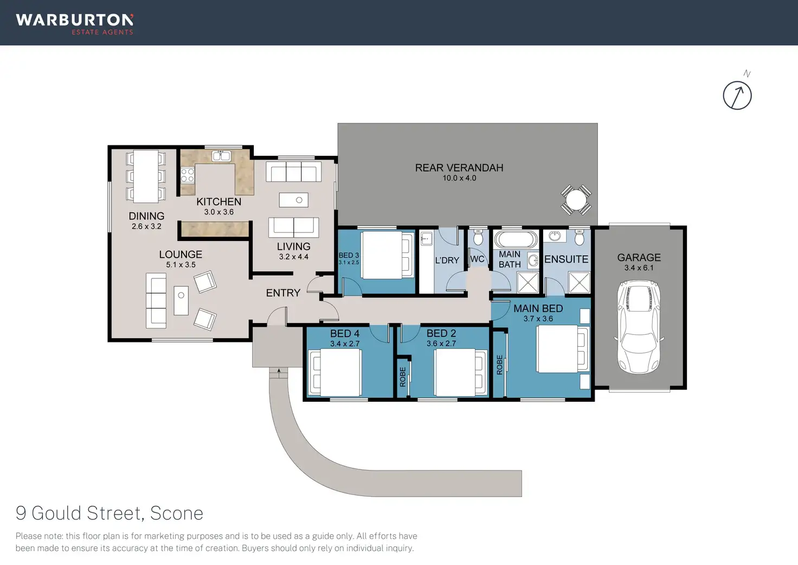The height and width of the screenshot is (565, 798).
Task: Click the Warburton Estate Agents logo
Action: pyautogui.click(x=75, y=23)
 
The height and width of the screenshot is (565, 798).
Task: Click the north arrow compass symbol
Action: pyautogui.click(x=737, y=96)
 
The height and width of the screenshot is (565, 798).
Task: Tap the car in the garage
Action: pyautogui.click(x=640, y=327)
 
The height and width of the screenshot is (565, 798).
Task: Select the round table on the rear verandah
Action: pyautogui.click(x=576, y=201)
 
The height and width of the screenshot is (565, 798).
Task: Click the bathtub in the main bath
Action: pyautogui.click(x=516, y=239)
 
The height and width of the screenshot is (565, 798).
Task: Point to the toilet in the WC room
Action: pyautogui.click(x=478, y=238)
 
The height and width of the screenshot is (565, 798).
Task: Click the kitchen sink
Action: pyautogui.click(x=221, y=156)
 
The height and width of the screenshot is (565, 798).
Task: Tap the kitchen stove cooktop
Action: pyautogui.click(x=188, y=175)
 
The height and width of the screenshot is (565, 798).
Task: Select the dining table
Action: pyautogui.click(x=146, y=176)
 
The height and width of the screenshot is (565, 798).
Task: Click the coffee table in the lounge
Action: pyautogui.click(x=181, y=301)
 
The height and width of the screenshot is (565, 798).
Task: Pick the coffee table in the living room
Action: pyautogui.click(x=293, y=200)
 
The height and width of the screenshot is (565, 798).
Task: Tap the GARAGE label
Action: pyautogui.click(x=639, y=257)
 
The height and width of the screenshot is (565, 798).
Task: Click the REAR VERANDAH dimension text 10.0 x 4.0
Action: pyautogui.click(x=459, y=178)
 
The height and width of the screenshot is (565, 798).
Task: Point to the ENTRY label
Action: pyautogui.click(x=283, y=293)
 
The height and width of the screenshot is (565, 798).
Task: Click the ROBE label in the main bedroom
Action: pyautogui.click(x=500, y=365)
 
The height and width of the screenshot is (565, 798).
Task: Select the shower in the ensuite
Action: pyautogui.click(x=579, y=282)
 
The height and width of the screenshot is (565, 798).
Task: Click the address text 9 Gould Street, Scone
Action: pyautogui.click(x=110, y=513)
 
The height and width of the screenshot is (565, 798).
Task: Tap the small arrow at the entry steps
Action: pyautogui.click(x=279, y=372)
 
